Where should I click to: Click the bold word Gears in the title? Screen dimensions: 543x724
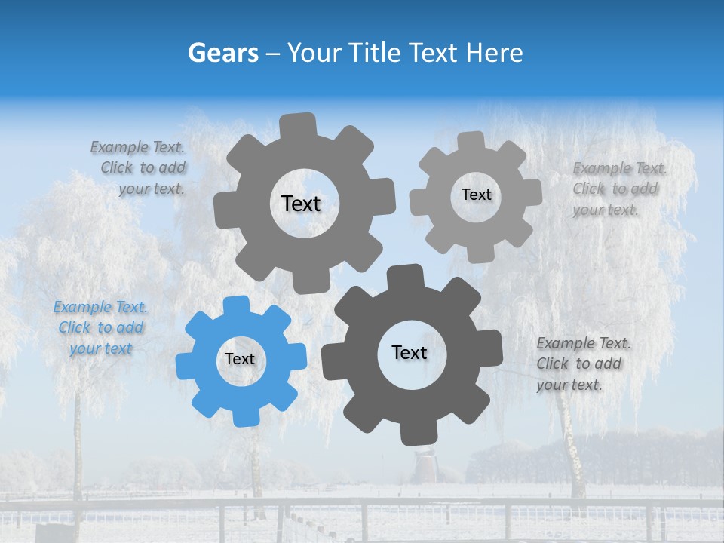(222, 53)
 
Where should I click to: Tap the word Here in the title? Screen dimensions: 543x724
(495, 53)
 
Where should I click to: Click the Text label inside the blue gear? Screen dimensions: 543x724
(240, 360)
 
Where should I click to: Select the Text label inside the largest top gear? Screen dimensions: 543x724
(301, 204)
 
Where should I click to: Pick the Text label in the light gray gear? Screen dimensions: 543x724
(476, 195)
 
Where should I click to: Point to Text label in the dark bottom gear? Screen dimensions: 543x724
(410, 353)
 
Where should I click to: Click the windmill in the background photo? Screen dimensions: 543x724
(425, 463)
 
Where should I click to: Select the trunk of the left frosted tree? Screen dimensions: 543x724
(77, 452)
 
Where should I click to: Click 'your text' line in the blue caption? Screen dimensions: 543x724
(100, 348)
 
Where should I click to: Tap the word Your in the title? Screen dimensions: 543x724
(315, 53)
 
